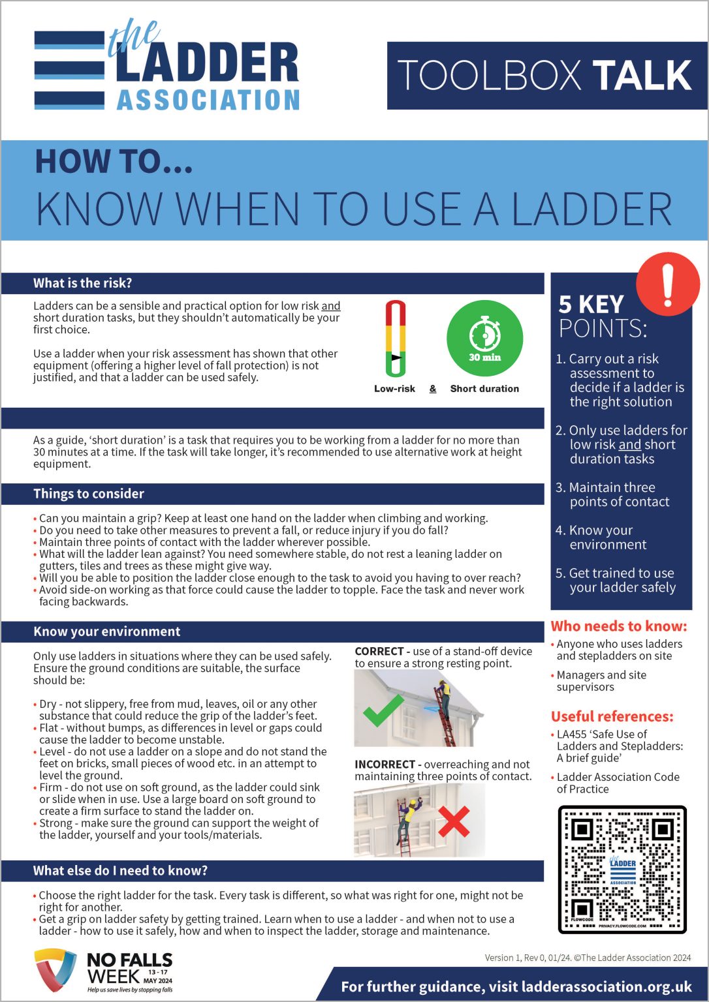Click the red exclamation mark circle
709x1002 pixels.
[x=667, y=285]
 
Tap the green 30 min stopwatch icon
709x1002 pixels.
[x=484, y=339]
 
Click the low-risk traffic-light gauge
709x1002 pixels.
[x=395, y=339]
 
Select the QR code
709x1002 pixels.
[x=622, y=869]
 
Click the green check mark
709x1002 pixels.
[x=383, y=711]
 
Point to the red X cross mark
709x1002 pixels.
[x=454, y=821]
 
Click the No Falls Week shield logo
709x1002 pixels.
[x=55, y=970]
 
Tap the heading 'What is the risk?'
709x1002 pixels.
[x=82, y=283]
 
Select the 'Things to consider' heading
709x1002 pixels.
[x=89, y=494]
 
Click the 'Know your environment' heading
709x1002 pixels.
[x=106, y=631]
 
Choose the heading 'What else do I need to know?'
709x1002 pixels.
[x=120, y=871]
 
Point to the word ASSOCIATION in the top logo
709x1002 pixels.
[x=208, y=100]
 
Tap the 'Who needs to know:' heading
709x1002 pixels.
[x=618, y=626]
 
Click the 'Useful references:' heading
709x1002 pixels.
[x=612, y=716]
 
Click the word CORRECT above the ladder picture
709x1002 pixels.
[x=379, y=651]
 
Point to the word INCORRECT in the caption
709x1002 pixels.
[x=385, y=764]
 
